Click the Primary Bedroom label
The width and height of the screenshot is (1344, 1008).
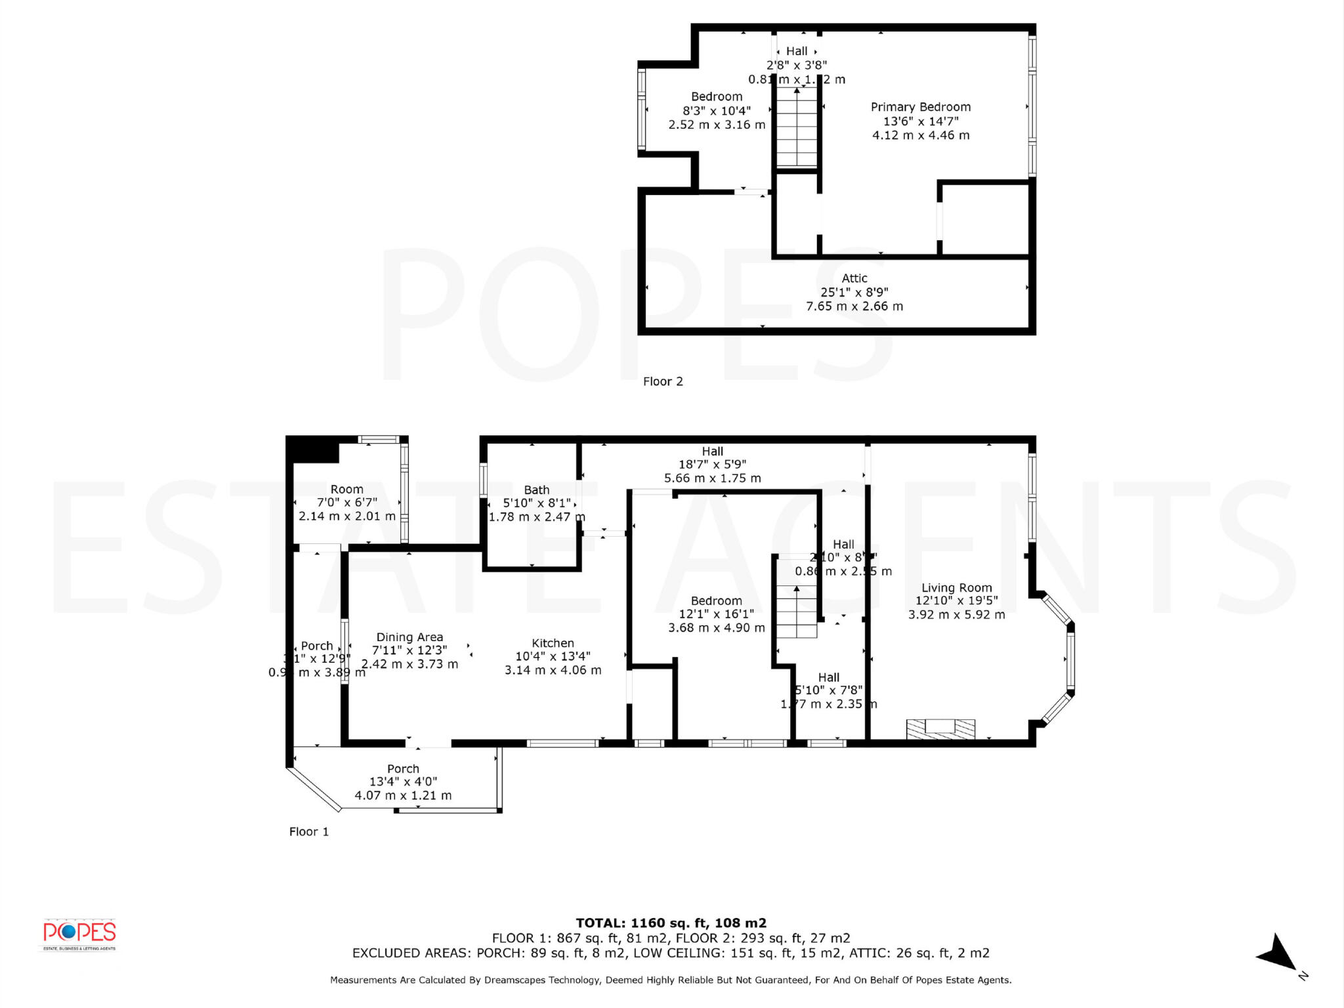click(x=920, y=107)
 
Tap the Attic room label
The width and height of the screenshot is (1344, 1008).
click(x=854, y=278)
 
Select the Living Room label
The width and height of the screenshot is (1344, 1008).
click(x=956, y=588)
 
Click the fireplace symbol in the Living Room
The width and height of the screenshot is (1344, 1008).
click(x=940, y=728)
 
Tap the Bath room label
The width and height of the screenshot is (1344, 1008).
click(x=536, y=490)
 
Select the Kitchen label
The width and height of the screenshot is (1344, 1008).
click(x=553, y=643)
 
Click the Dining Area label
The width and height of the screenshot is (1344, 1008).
click(x=409, y=637)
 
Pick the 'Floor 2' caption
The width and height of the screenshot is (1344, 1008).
click(x=663, y=381)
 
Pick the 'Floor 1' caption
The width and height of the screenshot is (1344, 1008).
click(x=308, y=831)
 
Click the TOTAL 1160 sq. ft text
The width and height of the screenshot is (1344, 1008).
click(x=671, y=923)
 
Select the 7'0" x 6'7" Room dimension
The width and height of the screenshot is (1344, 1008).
click(x=346, y=503)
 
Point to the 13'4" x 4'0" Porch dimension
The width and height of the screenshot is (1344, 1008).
click(x=403, y=782)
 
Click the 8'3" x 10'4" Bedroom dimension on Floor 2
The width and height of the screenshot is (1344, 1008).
click(x=717, y=111)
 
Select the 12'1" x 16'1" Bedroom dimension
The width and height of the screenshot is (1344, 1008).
click(x=716, y=614)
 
